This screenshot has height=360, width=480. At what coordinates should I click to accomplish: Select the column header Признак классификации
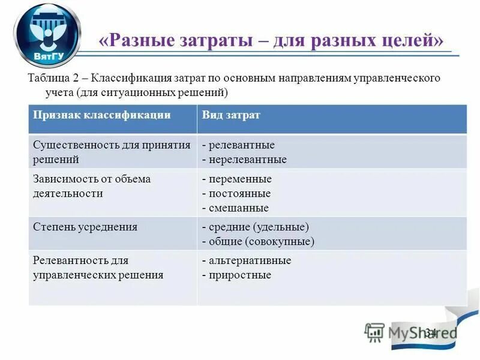101,115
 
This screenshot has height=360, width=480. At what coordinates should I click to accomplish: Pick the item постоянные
239,193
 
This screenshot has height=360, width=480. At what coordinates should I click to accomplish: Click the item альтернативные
249,260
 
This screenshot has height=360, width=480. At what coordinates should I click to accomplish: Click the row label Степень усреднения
85,227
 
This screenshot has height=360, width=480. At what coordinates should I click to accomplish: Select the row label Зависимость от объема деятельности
92,186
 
